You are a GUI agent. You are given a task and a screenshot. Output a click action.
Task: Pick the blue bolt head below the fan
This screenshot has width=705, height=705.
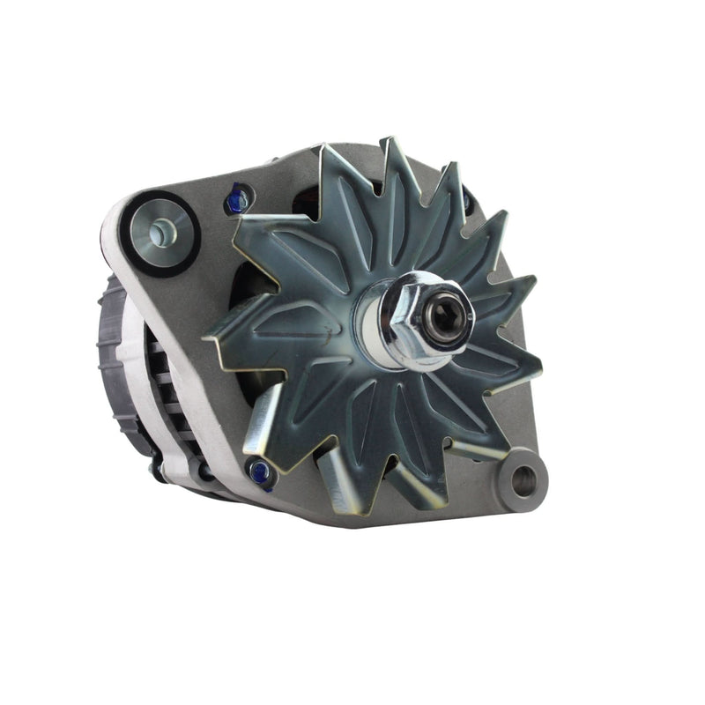point(262,474)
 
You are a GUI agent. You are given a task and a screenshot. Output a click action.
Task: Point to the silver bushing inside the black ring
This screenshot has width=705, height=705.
point(160,232)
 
